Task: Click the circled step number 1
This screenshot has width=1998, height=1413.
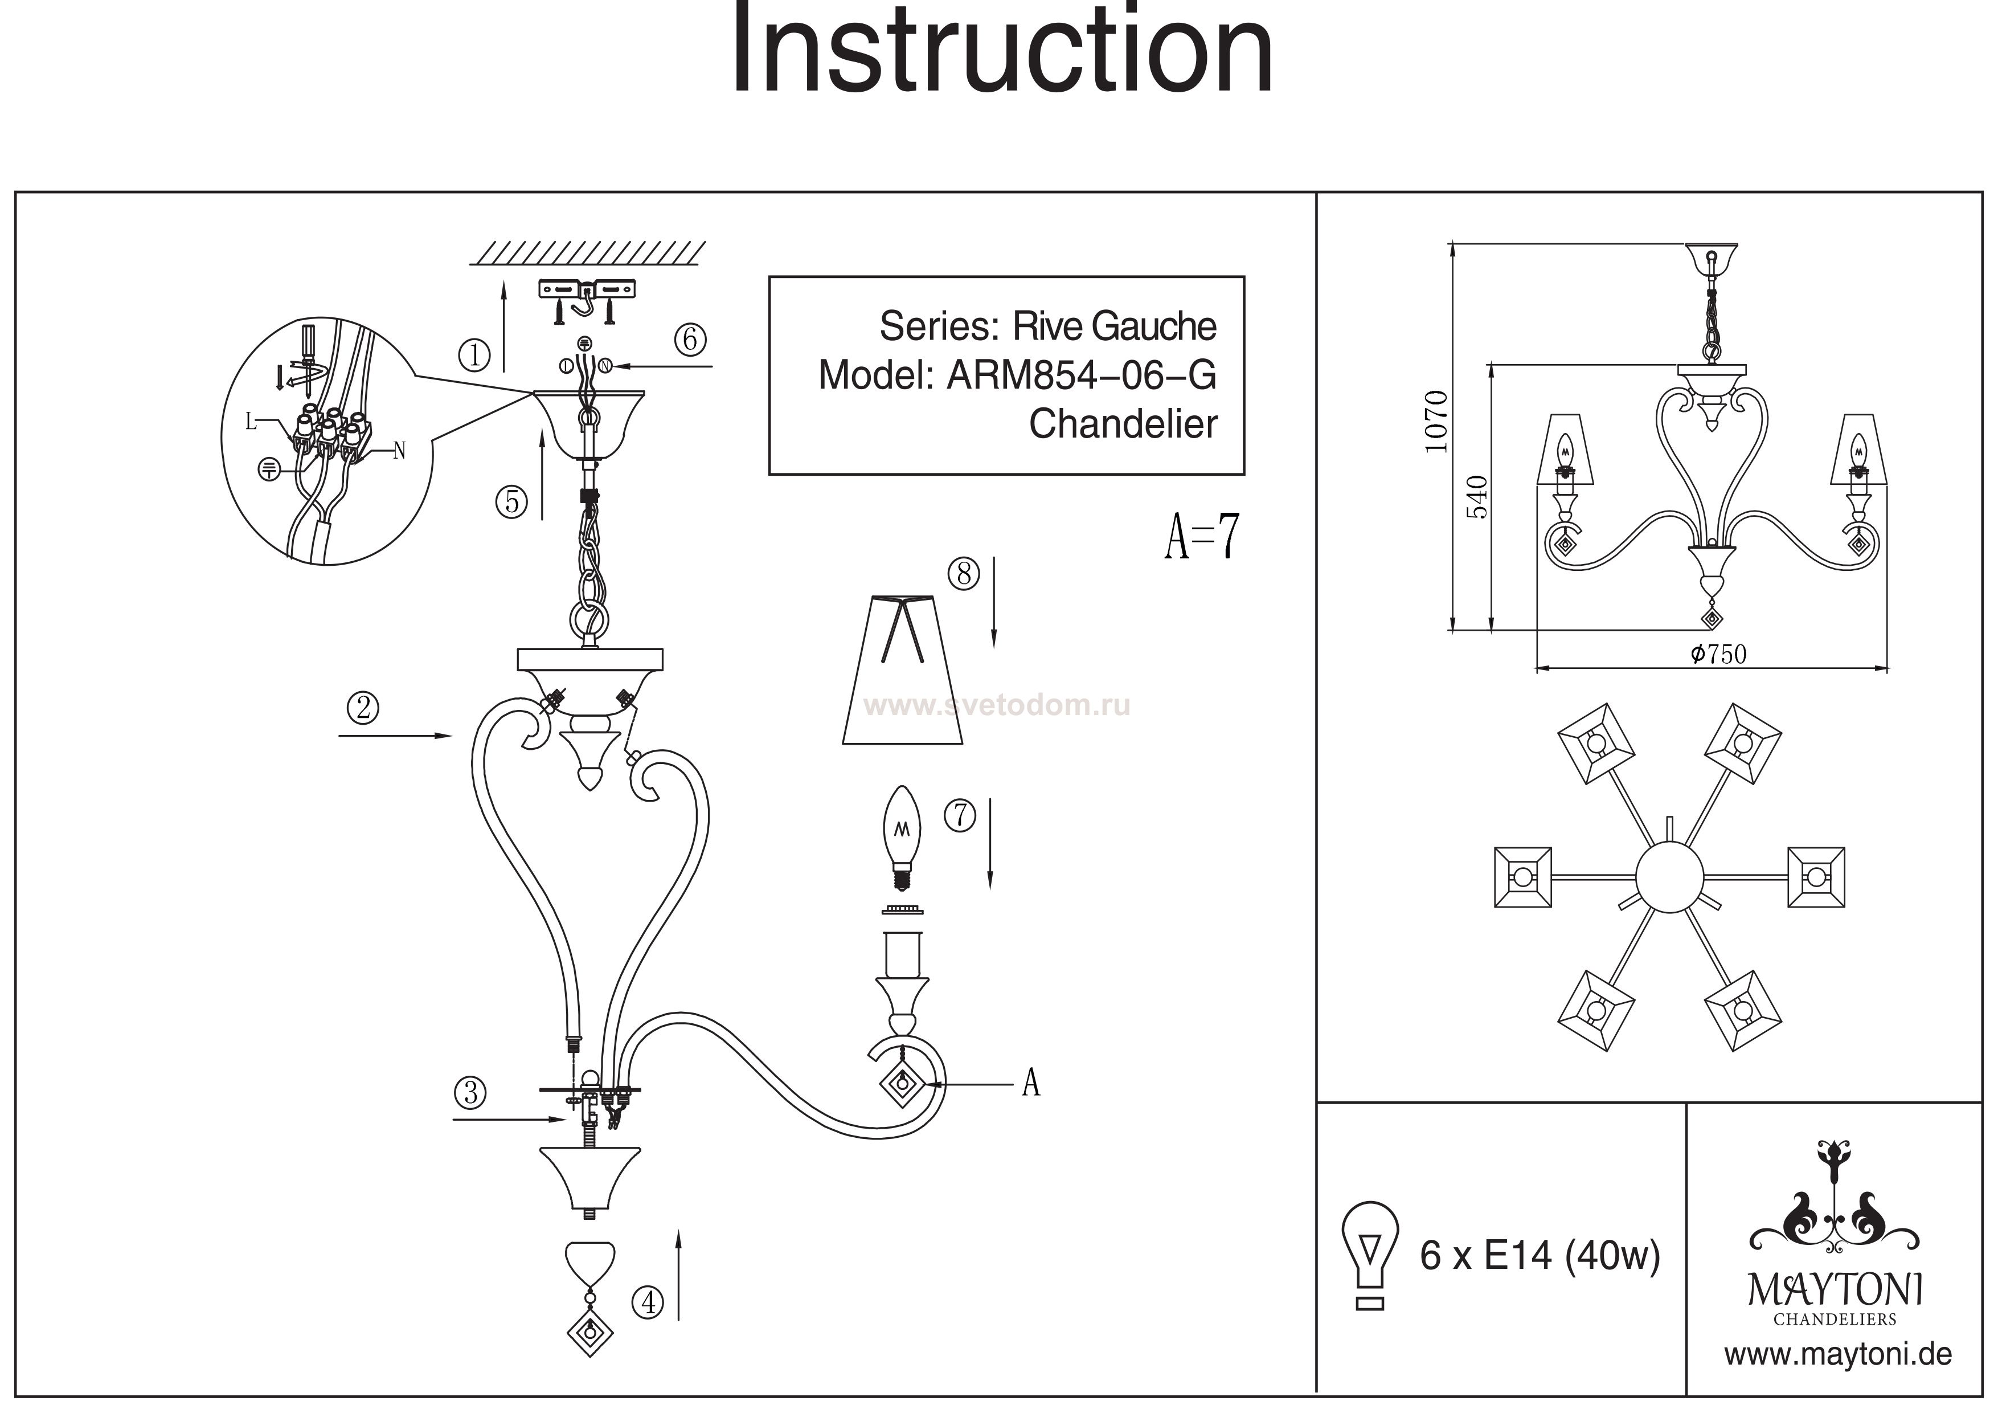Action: (474, 355)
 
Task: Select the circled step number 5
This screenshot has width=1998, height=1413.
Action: (511, 501)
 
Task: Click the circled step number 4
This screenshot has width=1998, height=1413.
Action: (648, 1302)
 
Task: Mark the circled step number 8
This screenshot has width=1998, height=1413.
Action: (963, 574)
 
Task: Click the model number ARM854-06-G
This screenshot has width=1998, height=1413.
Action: (1082, 376)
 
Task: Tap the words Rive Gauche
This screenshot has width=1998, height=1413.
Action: (1114, 326)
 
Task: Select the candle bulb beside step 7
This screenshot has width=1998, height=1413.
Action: (902, 836)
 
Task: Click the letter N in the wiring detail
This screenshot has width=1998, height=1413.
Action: (399, 450)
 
